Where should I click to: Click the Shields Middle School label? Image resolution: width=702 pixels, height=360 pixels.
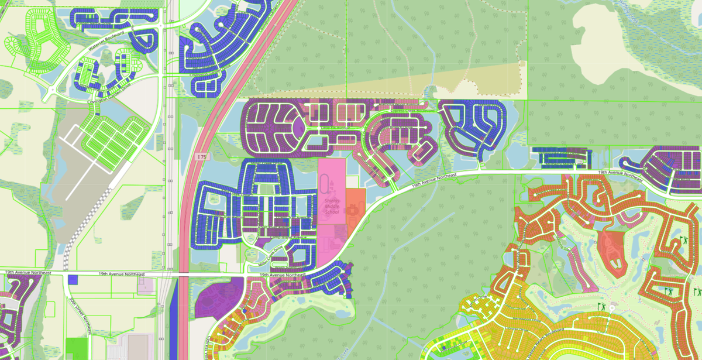(332, 205)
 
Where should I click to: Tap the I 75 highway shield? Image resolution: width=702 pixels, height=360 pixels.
(202, 157)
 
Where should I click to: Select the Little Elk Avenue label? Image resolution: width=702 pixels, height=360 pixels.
(334, 127)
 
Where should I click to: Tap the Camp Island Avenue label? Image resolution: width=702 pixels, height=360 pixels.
(279, 238)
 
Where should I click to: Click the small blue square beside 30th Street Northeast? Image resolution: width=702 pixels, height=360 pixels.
(73, 279)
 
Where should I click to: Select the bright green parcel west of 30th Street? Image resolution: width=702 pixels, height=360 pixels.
(75, 346)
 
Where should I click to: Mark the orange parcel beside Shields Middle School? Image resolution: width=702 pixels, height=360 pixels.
(355, 208)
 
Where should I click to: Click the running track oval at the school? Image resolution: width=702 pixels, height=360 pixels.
(326, 188)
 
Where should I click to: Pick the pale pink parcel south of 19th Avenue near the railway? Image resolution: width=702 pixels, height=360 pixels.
(145, 286)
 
